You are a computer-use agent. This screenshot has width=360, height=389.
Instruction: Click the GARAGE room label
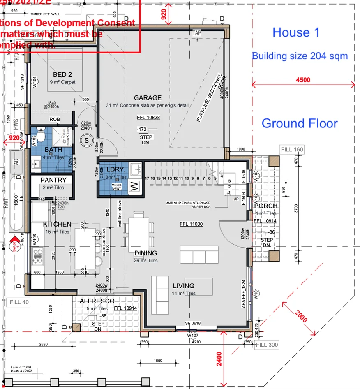[x=148, y=98]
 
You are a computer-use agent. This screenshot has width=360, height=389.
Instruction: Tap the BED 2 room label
[x=62, y=74]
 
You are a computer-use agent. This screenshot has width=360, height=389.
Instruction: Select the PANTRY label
[x=53, y=180]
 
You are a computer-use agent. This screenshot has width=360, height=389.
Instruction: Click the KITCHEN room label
[x=57, y=225]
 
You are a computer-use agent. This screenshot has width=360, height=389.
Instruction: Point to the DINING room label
[x=145, y=253]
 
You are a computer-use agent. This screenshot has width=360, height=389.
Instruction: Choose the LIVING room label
[x=183, y=286]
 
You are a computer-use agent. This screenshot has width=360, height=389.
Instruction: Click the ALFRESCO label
[x=97, y=301]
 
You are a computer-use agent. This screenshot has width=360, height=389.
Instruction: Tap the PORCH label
[x=266, y=206]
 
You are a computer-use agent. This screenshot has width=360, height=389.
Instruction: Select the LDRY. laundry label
[x=115, y=170]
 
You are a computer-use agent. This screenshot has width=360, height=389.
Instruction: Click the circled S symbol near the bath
[x=87, y=140]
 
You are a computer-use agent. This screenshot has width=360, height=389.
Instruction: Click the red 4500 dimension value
[x=303, y=80]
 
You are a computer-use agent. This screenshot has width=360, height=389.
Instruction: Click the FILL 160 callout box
[x=291, y=149]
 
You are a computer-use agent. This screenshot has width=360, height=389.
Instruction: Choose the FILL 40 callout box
[x=19, y=303]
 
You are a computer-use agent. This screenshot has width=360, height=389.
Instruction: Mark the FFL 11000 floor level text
[x=191, y=224]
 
